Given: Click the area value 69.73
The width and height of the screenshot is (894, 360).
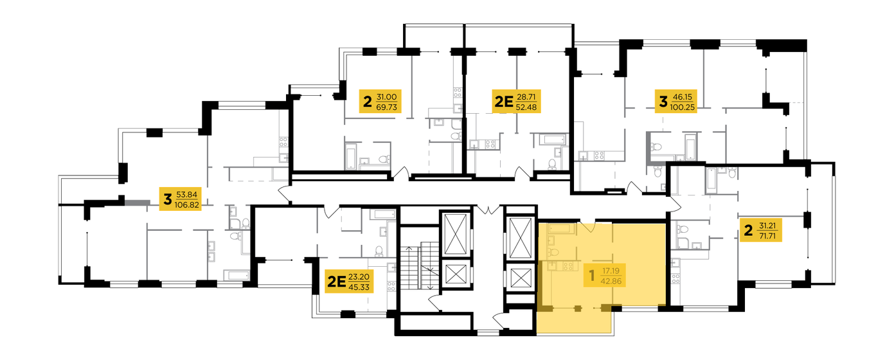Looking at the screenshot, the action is (x=386, y=107).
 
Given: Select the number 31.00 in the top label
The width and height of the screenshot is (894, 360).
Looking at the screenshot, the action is (x=386, y=97).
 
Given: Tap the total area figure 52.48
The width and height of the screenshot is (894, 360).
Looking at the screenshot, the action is (x=526, y=107).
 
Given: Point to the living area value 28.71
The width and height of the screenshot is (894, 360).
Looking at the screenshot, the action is (x=526, y=97).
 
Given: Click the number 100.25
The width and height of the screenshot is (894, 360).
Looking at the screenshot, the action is (x=683, y=107).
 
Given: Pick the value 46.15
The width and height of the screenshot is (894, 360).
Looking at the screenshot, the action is (x=683, y=97).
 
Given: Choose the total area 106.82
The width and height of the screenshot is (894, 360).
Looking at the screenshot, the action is (x=187, y=204).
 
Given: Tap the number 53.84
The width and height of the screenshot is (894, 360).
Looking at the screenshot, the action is (x=187, y=195).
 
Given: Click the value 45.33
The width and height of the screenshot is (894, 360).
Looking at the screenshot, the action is (x=359, y=287).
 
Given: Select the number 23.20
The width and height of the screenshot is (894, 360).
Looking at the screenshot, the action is (x=359, y=277).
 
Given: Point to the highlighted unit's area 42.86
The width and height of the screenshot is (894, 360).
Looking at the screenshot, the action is (x=611, y=281).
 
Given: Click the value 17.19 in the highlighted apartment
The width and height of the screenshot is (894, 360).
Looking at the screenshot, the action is (x=611, y=271).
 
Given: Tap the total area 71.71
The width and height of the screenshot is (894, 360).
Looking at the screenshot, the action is (x=767, y=236).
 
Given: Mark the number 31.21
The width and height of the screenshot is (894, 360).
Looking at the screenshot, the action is (x=767, y=226).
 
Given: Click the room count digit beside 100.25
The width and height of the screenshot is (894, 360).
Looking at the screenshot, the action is (x=663, y=102).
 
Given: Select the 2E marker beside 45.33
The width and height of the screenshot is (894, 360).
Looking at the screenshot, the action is (x=336, y=282).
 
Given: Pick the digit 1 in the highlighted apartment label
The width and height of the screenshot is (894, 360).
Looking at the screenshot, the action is (x=592, y=276).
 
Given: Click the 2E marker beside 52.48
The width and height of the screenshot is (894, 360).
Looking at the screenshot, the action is (x=503, y=102).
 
